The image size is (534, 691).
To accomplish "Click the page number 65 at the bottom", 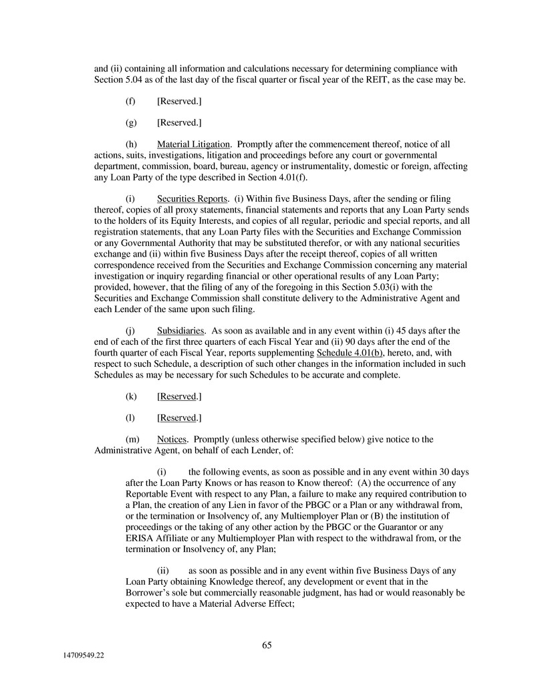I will [267, 645].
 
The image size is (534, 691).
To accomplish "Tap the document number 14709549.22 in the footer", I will [80, 658].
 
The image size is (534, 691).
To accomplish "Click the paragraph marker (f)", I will [131, 101].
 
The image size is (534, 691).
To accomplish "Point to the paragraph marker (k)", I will [131, 396].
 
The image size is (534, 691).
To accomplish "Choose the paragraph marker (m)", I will [132, 439].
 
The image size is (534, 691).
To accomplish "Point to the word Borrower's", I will [146, 592].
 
